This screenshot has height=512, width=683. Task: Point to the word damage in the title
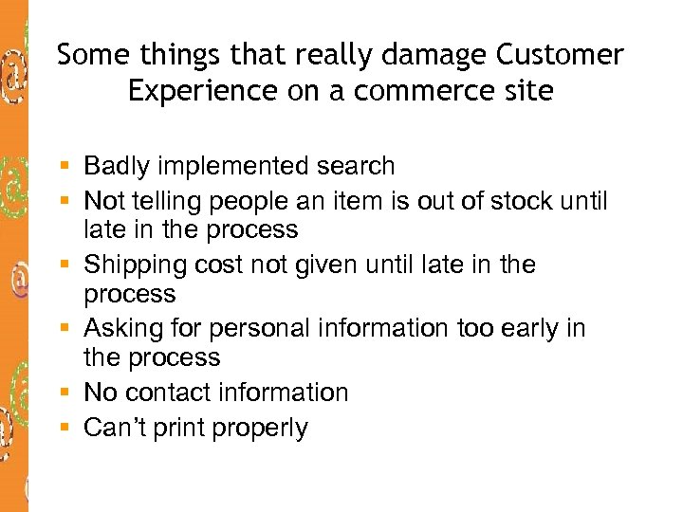point(437,55)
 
